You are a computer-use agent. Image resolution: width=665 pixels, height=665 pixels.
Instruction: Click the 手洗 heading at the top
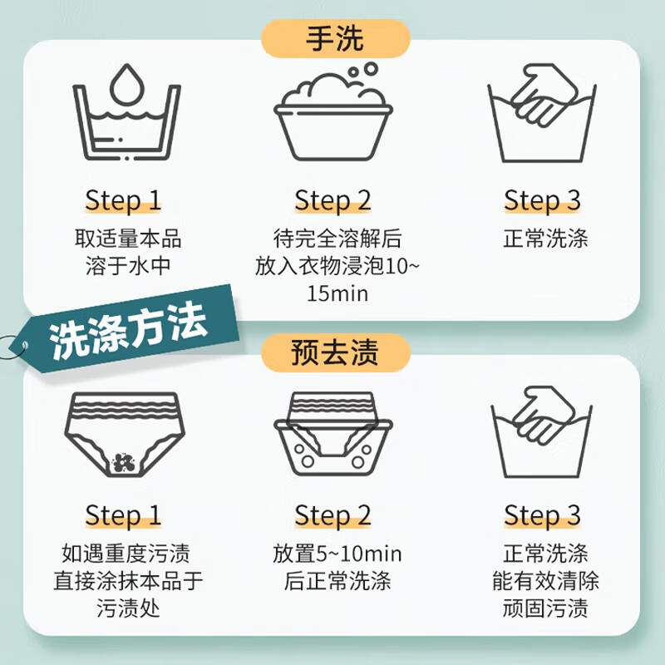[336, 38]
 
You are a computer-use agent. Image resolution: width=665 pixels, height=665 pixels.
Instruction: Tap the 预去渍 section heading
[336, 352]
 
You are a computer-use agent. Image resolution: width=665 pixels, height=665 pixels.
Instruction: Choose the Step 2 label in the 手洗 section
[332, 201]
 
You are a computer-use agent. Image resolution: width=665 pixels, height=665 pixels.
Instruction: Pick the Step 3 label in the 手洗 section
[543, 201]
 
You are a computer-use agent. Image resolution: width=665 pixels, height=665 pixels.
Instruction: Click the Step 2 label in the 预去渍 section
[332, 515]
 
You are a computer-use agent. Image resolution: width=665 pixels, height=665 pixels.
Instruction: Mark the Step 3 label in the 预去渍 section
[543, 515]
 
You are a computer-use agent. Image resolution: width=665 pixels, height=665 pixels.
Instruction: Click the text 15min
[337, 294]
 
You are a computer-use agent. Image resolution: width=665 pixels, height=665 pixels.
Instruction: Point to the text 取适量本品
[127, 239]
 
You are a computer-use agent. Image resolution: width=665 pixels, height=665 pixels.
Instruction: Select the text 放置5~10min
[337, 554]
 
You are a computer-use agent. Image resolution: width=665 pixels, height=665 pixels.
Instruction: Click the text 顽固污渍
[545, 608]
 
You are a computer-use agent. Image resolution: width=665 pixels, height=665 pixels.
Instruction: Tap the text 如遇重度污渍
[126, 554]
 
